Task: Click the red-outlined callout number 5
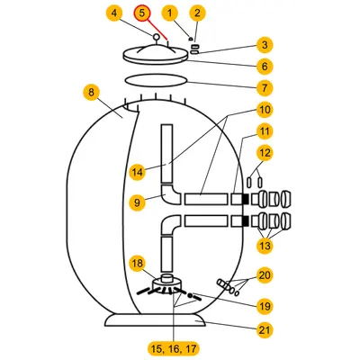(142, 13)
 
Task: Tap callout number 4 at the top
(114, 13)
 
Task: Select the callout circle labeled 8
(91, 93)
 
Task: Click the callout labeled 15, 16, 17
(174, 348)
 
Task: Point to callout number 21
(265, 330)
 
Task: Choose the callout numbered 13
(265, 246)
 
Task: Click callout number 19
(265, 306)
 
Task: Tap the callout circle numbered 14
(138, 172)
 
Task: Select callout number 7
(265, 88)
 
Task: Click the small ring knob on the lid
(156, 37)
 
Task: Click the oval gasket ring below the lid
(156, 81)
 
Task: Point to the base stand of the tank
(156, 321)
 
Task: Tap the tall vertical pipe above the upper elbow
(166, 154)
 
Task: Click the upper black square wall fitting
(246, 200)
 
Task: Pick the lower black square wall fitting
(246, 221)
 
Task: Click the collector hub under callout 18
(167, 283)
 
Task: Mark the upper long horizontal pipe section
(206, 200)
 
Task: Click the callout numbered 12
(265, 153)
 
